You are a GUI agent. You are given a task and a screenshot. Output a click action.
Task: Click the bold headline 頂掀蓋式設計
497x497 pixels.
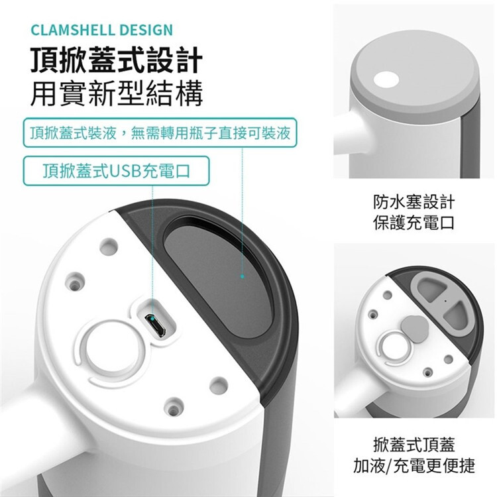tap(117, 60)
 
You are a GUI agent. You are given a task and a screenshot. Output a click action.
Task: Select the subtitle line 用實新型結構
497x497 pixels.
tap(117, 93)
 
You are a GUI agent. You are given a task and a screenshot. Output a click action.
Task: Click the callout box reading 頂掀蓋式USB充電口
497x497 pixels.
tap(117, 170)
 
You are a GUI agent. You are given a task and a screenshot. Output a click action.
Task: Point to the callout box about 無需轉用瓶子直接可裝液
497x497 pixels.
tap(160, 133)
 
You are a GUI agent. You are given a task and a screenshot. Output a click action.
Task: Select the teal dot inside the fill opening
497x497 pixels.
tap(243, 276)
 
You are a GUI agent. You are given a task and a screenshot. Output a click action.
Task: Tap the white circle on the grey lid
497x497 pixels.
tap(386, 80)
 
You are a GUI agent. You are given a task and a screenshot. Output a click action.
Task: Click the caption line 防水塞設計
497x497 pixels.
tap(414, 202)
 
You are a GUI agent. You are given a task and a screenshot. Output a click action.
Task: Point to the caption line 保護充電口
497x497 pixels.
tap(414, 223)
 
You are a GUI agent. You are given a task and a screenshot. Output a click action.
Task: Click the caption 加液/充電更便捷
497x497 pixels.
tap(414, 465)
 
